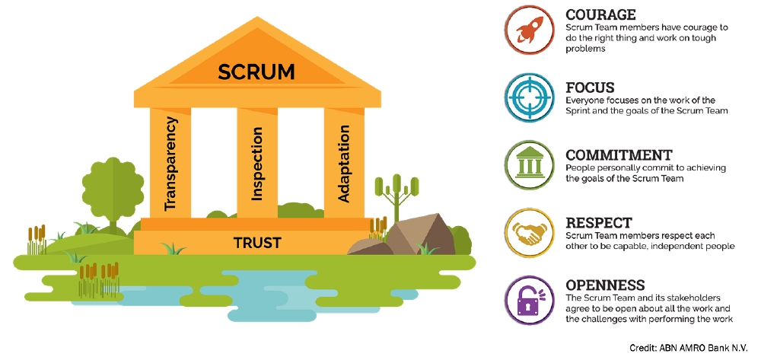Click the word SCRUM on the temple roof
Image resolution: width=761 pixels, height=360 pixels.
pyautogui.click(x=256, y=72)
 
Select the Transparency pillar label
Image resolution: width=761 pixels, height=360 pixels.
pyautogui.click(x=171, y=163)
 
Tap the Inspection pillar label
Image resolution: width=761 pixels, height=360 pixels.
pyautogui.click(x=257, y=163)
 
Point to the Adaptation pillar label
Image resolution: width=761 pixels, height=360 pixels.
pyautogui.click(x=344, y=164)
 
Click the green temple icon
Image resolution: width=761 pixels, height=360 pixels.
pyautogui.click(x=528, y=164)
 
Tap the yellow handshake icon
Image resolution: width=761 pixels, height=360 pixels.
pyautogui.click(x=528, y=231)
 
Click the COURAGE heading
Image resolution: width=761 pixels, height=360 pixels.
pyautogui.click(x=601, y=15)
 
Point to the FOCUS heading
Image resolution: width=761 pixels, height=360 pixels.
pyautogui.click(x=590, y=87)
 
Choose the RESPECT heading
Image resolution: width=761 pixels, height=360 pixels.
pyautogui.click(x=599, y=223)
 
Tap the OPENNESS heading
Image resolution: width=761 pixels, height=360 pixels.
pyautogui.click(x=606, y=285)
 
